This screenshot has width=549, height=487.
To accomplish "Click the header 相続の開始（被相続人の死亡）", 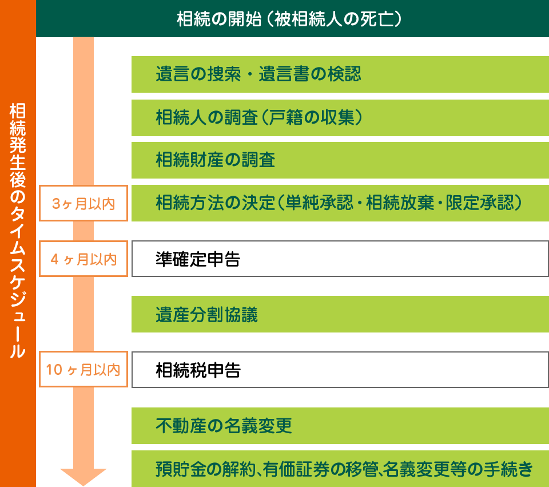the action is pyautogui.click(x=292, y=18).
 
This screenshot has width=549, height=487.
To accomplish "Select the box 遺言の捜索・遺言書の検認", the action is pyautogui.click(x=340, y=74).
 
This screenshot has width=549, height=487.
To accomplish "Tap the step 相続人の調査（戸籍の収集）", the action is pyautogui.click(x=340, y=118).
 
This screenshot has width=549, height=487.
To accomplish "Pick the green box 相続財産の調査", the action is pyautogui.click(x=340, y=160).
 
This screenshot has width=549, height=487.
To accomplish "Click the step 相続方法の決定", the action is pyautogui.click(x=340, y=203).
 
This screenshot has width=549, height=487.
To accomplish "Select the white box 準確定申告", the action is pyautogui.click(x=340, y=259).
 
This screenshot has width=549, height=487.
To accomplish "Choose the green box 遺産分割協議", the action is pyautogui.click(x=340, y=314).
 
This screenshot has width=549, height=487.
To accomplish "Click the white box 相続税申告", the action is pyautogui.click(x=340, y=370).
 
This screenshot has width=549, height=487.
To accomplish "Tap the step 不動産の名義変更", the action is pyautogui.click(x=340, y=426).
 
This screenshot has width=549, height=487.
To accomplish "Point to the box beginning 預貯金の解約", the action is pyautogui.click(x=340, y=469).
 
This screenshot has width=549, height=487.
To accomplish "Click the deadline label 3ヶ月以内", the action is pyautogui.click(x=83, y=203).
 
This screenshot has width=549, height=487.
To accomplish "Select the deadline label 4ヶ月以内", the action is pyautogui.click(x=83, y=259).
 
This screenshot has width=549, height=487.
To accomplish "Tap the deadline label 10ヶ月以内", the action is pyautogui.click(x=83, y=369).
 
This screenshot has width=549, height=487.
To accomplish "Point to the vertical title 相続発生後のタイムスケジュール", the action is pyautogui.click(x=18, y=230).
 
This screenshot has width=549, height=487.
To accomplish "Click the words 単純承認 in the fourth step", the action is pyautogui.click(x=319, y=203).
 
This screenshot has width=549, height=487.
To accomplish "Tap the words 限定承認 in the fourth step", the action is pyautogui.click(x=480, y=203).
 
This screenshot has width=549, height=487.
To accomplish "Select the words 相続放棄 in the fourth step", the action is pyautogui.click(x=400, y=203).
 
